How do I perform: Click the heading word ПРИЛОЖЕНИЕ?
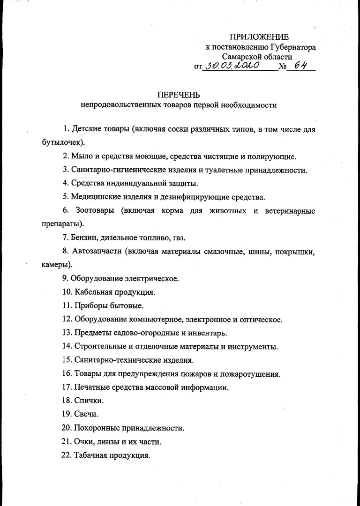(x=259, y=37)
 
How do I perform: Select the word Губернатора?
(x=293, y=47)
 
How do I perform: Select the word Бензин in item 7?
(x=84, y=238)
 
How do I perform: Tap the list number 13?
(x=66, y=333)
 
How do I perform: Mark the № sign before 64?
(x=282, y=67)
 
